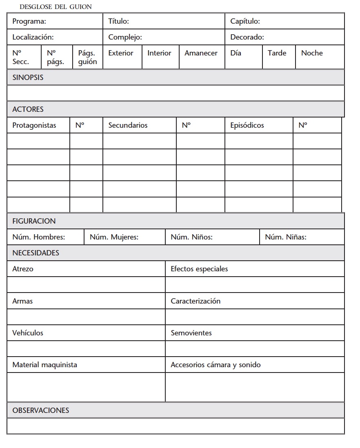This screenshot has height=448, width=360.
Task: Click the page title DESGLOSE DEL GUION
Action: coord(56,7)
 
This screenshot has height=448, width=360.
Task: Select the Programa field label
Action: coord(29,21)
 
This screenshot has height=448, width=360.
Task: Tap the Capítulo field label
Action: coord(245,21)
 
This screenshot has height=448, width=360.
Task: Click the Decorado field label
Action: coord(247,37)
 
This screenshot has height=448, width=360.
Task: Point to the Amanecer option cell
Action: coord(201,53)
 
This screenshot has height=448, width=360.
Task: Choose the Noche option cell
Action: coord(312,53)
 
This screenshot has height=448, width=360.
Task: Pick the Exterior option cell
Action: coord(121,53)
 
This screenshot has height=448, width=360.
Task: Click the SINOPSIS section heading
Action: coord(28,77)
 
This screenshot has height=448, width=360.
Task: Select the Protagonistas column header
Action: coord(34,125)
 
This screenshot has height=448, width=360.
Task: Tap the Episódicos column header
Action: coord(247,125)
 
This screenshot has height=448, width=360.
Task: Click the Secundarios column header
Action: coord(128,125)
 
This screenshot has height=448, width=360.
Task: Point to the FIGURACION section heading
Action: coord(34,221)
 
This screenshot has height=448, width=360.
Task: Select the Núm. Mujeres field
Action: coord(114,237)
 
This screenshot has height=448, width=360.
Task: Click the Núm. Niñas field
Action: coord(286,237)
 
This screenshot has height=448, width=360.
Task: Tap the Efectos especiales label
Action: coord(199,269)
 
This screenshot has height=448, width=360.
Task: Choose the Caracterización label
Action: coord(196,301)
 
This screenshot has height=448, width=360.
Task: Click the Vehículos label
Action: coord(28,333)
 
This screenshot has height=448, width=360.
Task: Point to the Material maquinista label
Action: coord(44,365)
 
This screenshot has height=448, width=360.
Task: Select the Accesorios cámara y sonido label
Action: coord(216,365)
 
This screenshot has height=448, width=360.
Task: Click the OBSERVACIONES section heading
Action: coord(41,410)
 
